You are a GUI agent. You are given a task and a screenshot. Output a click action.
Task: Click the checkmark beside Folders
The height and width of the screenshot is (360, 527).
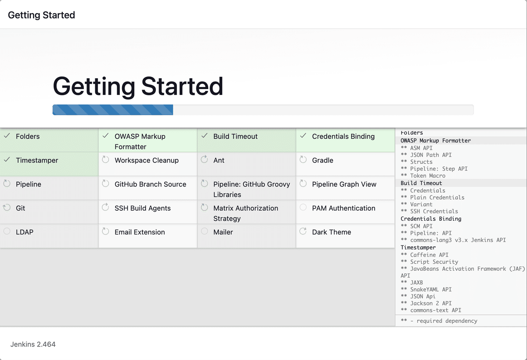(7, 136)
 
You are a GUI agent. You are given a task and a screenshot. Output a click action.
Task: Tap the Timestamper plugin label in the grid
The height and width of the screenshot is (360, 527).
(37, 160)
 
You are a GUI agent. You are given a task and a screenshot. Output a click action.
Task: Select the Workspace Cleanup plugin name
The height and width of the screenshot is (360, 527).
(147, 160)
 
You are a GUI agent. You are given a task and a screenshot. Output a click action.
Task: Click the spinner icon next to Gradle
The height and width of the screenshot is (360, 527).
(303, 159)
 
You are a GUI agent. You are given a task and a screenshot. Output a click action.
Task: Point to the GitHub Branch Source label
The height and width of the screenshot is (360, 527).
(150, 184)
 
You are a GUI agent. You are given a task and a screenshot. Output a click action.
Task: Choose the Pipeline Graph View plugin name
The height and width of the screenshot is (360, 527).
(344, 184)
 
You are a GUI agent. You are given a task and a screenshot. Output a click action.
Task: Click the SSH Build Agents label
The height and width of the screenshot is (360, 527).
(143, 208)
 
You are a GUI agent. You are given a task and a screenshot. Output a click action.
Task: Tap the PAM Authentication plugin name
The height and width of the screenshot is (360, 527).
(344, 208)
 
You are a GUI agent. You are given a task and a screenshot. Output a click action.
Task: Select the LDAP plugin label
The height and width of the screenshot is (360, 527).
(25, 232)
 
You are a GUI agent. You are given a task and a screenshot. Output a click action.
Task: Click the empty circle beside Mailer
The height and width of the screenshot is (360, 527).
(205, 231)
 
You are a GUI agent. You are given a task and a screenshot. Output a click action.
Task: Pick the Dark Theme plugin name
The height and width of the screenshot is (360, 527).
(332, 232)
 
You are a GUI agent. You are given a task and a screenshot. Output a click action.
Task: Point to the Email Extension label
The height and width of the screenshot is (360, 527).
(140, 232)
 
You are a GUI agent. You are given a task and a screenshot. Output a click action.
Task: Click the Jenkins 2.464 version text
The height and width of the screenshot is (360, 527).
(33, 344)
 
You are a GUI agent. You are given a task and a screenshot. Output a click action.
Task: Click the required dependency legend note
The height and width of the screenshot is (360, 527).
(439, 321)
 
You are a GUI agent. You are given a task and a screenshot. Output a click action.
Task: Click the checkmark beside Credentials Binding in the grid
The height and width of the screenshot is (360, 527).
(303, 136)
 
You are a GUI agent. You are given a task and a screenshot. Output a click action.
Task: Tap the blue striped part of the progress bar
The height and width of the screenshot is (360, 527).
(113, 110)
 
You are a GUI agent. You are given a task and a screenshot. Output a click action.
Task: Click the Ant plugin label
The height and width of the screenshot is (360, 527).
(219, 160)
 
